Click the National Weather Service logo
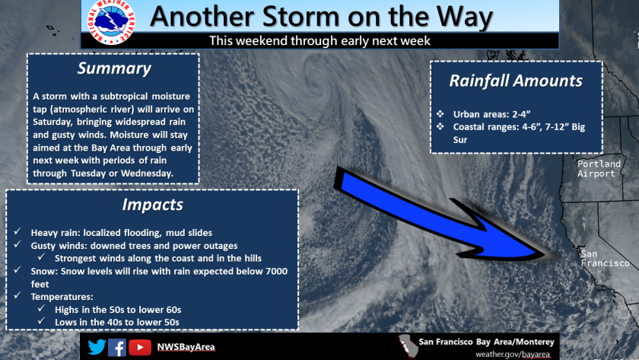[111, 21]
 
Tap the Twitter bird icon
[97, 347]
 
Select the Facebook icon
[117, 347]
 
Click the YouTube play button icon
[140, 347]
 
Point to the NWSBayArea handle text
[186, 347]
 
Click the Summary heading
[114, 68]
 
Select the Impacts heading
[152, 205]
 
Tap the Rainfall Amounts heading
[516, 81]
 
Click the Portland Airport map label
[599, 169]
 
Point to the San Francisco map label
[606, 259]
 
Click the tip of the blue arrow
[545, 254]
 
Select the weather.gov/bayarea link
[513, 355]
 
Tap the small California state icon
[409, 346]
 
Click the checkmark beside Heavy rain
[17, 231]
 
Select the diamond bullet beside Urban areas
[440, 113]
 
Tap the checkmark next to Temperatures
[17, 295]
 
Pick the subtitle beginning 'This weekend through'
[320, 41]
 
